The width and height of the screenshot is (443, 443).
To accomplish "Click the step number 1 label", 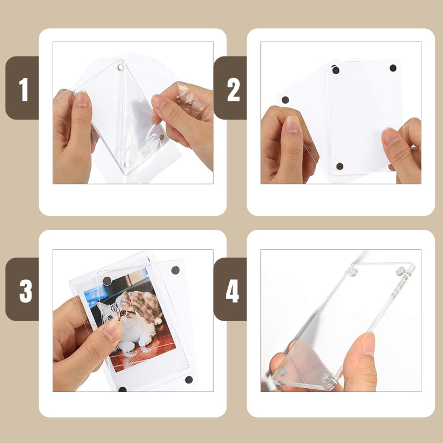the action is [23, 89].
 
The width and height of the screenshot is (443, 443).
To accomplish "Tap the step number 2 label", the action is [233, 89].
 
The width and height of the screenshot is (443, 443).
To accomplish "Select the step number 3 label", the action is [25, 291].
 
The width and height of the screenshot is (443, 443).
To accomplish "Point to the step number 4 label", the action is [232, 291].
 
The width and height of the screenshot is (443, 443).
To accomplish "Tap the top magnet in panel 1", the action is [121, 67].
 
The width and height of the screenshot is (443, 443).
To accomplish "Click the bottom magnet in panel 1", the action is [127, 164].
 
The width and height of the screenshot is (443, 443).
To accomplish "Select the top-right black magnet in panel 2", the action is [393, 68].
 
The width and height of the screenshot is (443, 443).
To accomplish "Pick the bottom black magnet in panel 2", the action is [340, 166].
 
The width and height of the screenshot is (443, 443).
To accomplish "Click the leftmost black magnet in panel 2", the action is [285, 100].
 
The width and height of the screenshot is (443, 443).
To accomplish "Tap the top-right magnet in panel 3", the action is [176, 270].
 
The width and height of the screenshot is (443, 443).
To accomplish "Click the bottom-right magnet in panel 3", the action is [189, 379].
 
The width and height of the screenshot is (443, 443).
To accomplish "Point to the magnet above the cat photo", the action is [107, 281].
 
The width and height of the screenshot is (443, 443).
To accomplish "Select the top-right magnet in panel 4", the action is [400, 271].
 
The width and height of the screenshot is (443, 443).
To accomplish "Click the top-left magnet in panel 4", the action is [353, 272].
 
